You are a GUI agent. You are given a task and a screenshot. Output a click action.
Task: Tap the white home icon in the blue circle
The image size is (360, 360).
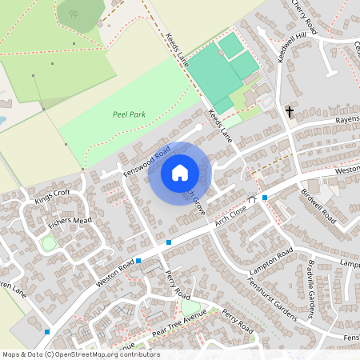pyautogui.click(x=180, y=172)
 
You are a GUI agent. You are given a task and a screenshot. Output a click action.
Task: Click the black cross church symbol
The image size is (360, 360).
pyautogui.click(x=289, y=111)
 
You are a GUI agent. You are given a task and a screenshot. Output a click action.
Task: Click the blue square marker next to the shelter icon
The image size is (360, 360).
pyautogui.click(x=265, y=197)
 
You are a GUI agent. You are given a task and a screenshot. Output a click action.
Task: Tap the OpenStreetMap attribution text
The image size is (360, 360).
pyautogui.click(x=81, y=354)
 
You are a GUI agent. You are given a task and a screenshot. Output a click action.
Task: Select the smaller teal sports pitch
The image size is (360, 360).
pyautogui.click(x=232, y=45)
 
